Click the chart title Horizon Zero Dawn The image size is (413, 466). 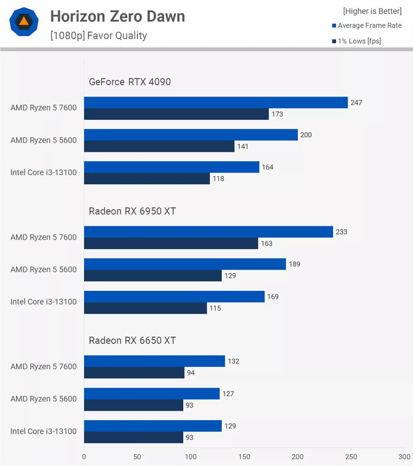click(117, 16)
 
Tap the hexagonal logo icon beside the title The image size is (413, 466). click(23, 22)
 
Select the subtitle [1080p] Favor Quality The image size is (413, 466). click(98, 35)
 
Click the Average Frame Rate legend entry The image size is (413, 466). click(369, 25)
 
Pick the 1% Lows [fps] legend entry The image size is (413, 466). click(359, 41)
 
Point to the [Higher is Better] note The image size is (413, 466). click(372, 11)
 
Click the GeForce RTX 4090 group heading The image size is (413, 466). click(130, 82)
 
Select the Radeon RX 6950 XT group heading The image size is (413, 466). click(132, 211)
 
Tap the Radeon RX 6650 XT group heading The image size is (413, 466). click(132, 340)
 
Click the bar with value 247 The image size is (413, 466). click(216, 103)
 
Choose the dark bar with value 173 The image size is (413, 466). click(176, 115)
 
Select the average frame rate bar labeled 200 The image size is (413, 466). click(191, 135)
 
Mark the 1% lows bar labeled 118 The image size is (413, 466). click(147, 178)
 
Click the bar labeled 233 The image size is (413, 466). click(208, 232)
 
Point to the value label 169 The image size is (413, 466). click(274, 296)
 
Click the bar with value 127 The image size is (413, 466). click(151, 393)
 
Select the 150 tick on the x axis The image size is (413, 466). click(244, 457)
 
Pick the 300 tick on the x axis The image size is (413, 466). click(404, 457)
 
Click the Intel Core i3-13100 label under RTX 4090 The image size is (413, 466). click(43, 172)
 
